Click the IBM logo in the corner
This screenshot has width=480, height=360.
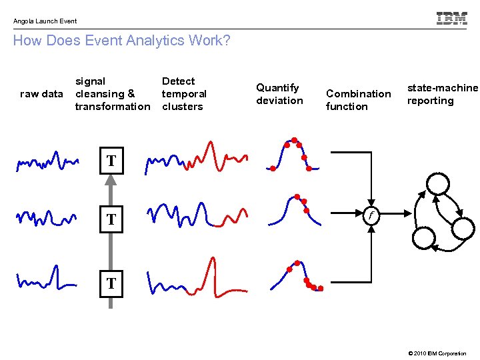pos(451,19)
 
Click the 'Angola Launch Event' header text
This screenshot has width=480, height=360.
pos(45,21)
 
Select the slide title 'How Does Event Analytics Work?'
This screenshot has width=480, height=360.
pos(121,41)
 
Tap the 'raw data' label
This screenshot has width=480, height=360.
pos(42,94)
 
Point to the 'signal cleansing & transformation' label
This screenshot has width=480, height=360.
pos(112,94)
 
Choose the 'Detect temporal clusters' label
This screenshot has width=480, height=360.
pos(184,94)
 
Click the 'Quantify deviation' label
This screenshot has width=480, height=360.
pos(279,94)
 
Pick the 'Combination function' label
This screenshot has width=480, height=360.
pos(358,100)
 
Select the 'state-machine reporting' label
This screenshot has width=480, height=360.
pos(443,94)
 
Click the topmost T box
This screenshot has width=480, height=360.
pos(111,161)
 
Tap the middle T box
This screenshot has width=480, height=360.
pos(111,219)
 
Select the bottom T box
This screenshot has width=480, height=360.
pos(111,283)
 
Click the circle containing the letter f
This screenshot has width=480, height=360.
pos(372,215)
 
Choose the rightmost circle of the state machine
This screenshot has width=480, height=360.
pos(463,227)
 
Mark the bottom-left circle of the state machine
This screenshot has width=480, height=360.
pos(424,237)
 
